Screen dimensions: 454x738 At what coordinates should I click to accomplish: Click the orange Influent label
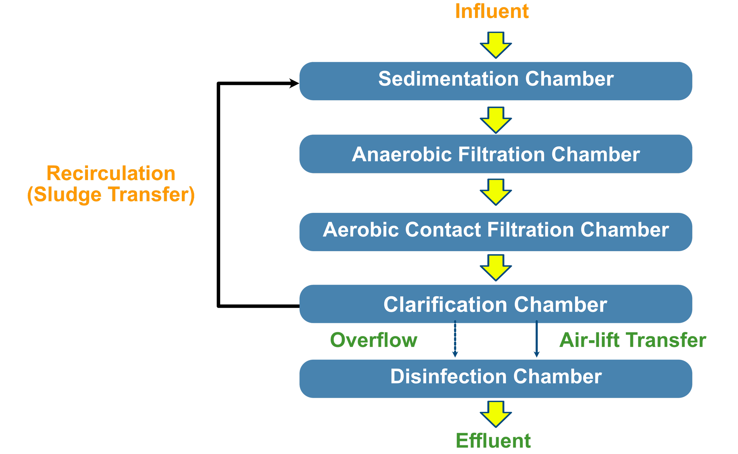pos(492,11)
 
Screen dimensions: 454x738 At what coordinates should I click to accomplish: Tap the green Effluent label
pos(493,440)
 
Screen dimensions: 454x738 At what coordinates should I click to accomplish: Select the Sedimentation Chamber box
pos(496,81)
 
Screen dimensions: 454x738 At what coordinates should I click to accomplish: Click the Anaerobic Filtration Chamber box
pos(496,154)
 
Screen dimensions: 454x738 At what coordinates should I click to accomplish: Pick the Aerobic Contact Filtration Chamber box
pos(496,232)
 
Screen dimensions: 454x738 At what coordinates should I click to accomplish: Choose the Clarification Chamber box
pos(496,304)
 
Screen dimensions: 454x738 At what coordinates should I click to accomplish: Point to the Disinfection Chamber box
pos(496,379)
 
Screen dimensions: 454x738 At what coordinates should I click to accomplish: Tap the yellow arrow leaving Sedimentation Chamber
pos(496,120)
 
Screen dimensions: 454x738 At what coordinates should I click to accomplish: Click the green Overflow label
pos(374,340)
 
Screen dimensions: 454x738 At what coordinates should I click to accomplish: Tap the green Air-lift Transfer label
pos(633,340)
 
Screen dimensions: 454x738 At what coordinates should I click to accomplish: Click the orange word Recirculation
pos(111,174)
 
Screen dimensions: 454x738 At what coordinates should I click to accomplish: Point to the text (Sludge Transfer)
pos(111,195)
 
